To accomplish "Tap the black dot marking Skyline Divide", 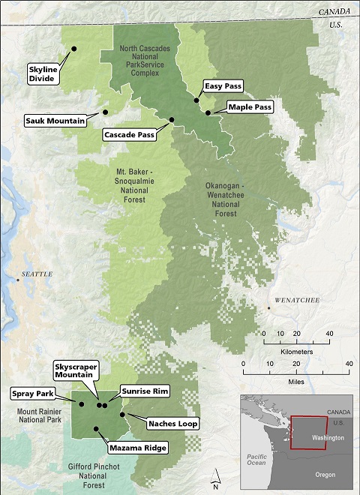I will tap(74, 49).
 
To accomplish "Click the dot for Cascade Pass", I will tap(172, 120).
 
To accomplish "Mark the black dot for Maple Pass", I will tap(208, 112).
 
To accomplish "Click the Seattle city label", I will tap(37, 274).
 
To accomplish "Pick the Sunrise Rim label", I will tap(145, 391).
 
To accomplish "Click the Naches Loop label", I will tap(172, 424).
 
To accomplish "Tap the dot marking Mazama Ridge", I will tap(96, 429).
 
